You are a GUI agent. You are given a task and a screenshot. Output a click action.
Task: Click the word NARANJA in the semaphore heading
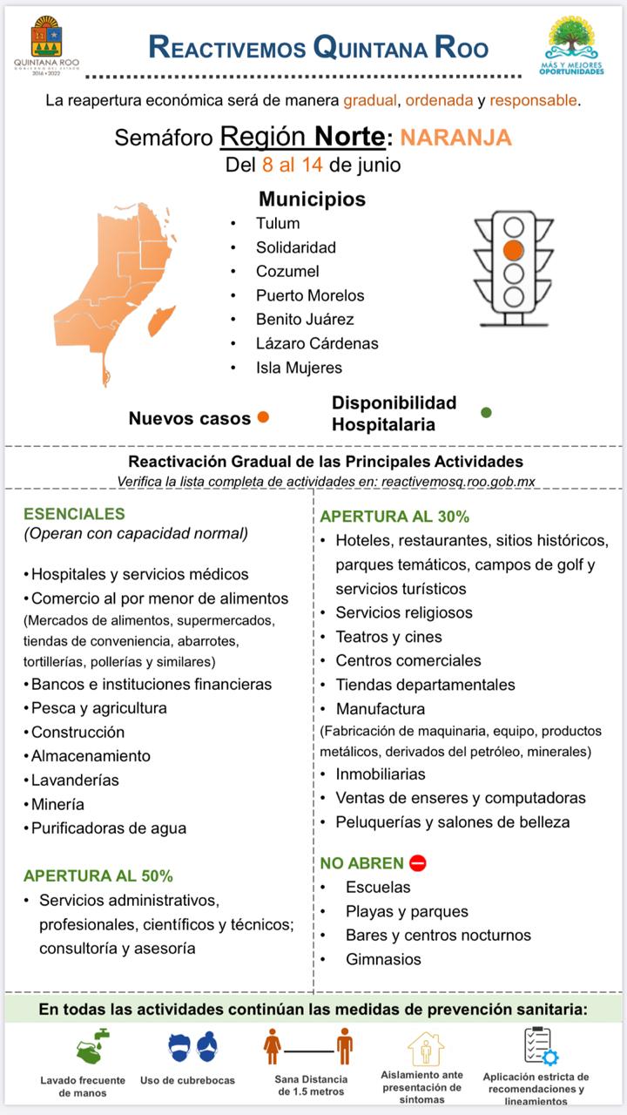point(455,138)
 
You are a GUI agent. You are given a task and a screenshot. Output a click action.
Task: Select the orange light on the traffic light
point(514,251)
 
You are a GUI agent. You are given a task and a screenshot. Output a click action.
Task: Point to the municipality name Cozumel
point(287,271)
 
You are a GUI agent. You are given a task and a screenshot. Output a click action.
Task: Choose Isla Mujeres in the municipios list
point(299,368)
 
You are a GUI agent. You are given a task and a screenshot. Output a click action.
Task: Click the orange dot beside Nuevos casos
point(263,417)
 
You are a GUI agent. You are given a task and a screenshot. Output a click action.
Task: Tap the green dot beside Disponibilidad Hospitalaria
point(486,412)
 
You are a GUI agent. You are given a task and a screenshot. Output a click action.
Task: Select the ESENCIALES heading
point(74,514)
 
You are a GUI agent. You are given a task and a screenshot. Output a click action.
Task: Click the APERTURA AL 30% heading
point(394,517)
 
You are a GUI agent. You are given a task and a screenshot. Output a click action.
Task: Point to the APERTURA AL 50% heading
point(98,875)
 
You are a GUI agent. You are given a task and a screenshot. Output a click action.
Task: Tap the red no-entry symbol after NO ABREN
point(417,863)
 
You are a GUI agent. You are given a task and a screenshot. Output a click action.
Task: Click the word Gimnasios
point(383,959)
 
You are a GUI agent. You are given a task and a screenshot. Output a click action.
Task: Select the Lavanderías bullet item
point(75,780)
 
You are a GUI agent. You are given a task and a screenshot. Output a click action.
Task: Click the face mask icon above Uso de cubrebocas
point(192,1046)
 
